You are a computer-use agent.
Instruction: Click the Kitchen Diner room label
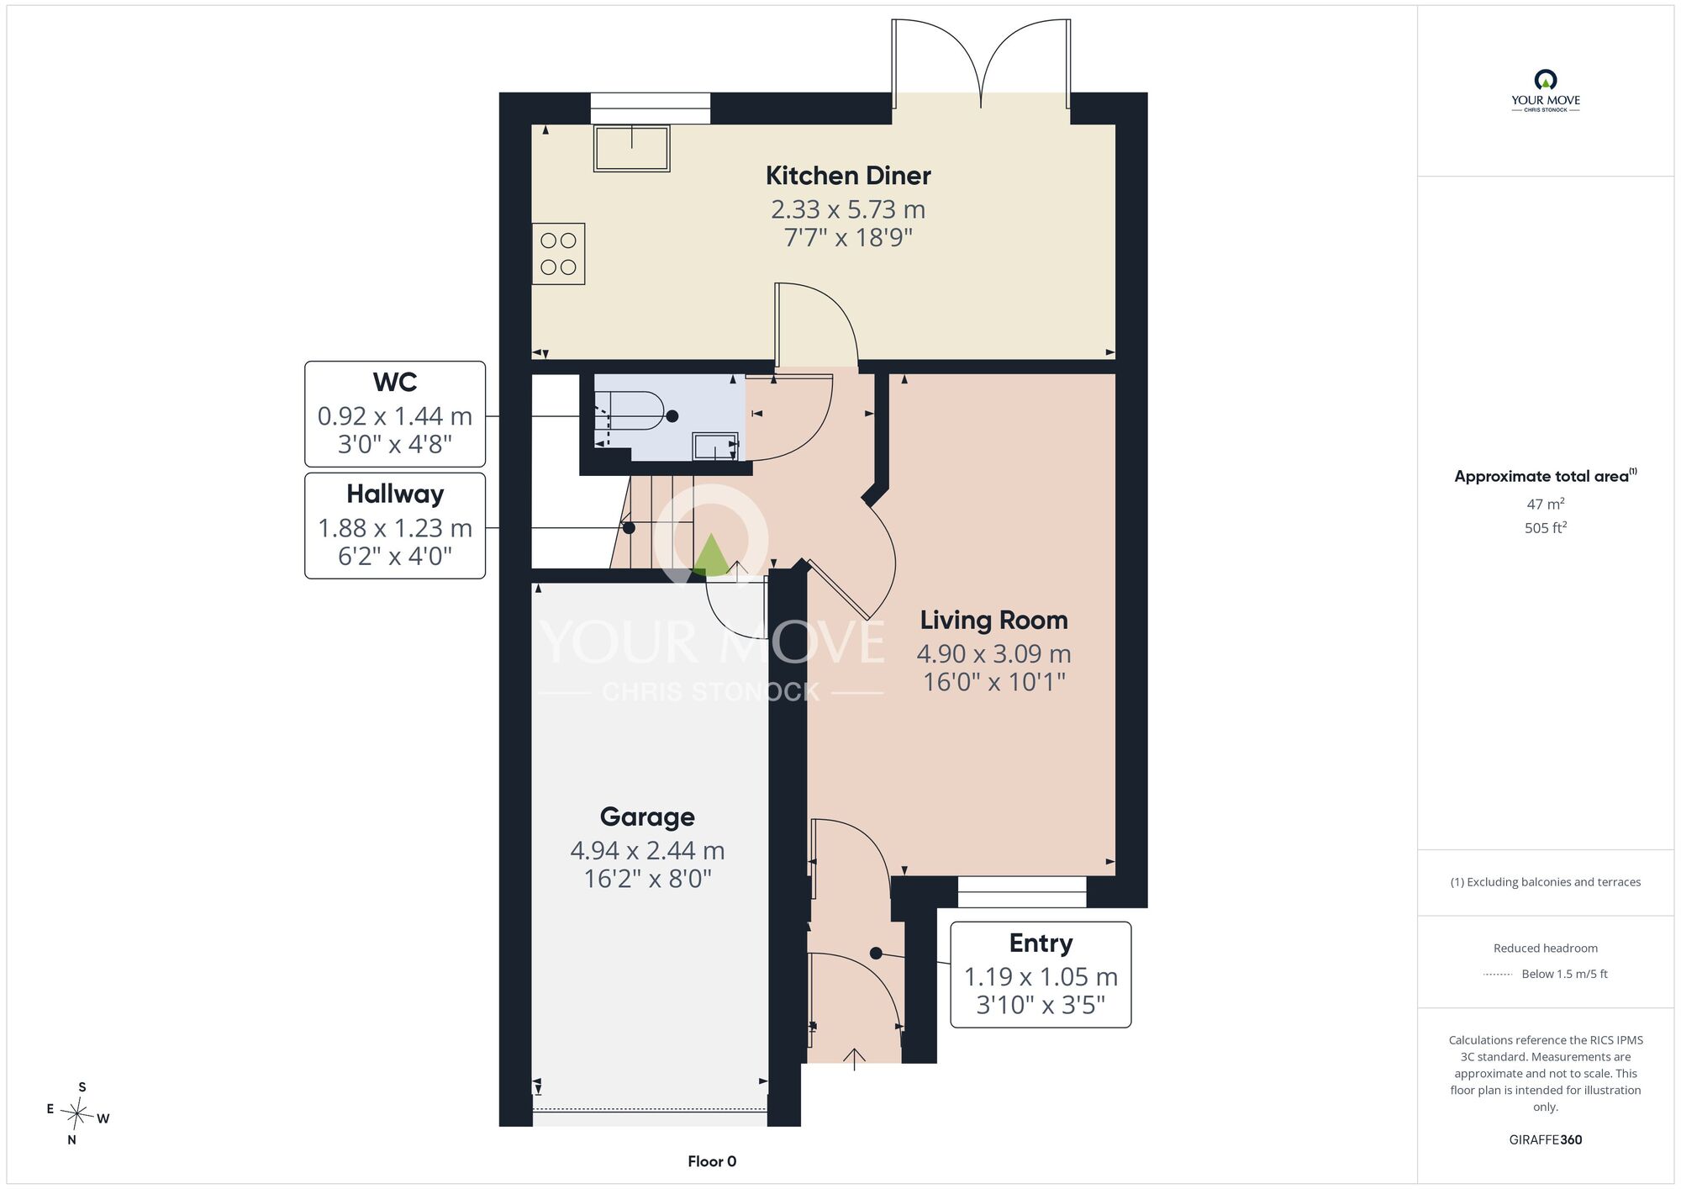pos(848,176)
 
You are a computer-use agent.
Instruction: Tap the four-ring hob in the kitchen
pos(558,254)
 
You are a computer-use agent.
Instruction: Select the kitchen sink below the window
pos(631,149)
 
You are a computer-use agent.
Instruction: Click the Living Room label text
pos(993,621)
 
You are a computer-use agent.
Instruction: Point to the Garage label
pos(647,817)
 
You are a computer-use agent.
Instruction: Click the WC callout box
pos(395,414)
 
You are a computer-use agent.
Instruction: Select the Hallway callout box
pos(395,526)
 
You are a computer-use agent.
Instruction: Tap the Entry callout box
pos(1041,975)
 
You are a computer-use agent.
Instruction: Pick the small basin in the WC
pos(715,446)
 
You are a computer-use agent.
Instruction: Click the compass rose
pos(77,1114)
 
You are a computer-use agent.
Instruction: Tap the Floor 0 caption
pos(712,1161)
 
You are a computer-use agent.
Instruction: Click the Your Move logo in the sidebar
pos(1545,91)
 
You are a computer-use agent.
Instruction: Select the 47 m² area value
pos(1545,504)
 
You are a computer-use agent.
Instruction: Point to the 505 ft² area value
pos(1545,528)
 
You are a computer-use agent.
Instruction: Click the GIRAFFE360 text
pos(1545,1140)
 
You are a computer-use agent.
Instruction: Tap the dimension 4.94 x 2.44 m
pos(647,851)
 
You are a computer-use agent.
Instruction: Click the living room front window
pos(1022,891)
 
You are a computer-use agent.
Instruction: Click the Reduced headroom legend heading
pos(1545,949)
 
